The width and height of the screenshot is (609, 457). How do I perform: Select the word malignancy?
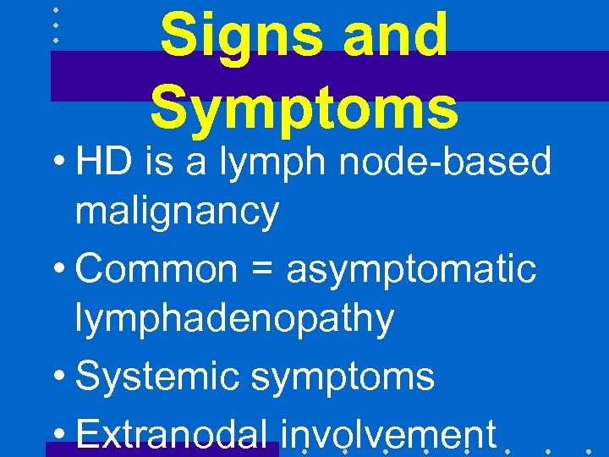pos(177,212)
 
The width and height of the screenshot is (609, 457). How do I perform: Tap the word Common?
pos(156,269)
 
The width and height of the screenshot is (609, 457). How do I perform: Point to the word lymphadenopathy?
pos(234,320)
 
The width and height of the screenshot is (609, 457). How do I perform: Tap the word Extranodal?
pos(177,433)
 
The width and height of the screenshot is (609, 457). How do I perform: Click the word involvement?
pos(388,433)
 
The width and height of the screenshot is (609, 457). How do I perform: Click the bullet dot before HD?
pos(63,162)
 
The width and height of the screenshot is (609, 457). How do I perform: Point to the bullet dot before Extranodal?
pos(63,434)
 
